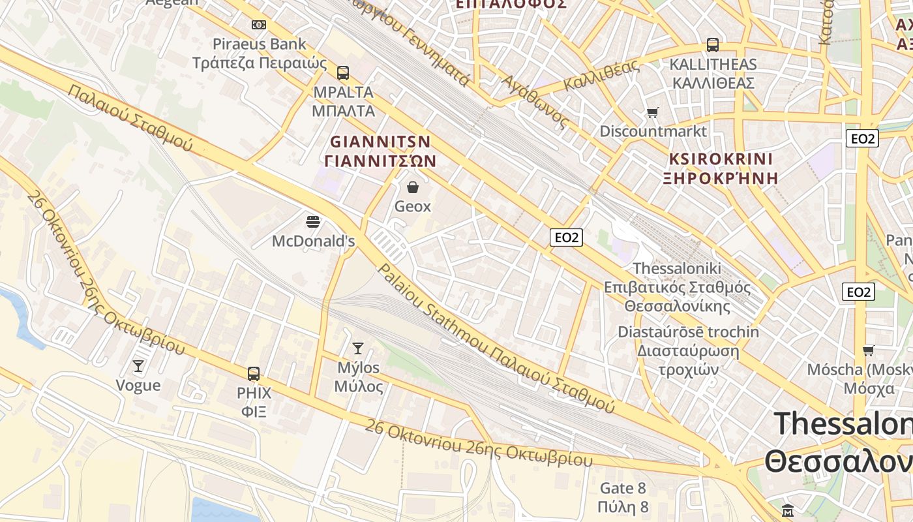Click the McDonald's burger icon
click(313, 222)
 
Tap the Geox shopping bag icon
click(413, 188)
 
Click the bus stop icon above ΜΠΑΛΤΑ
click(343, 73)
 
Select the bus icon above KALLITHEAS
click(713, 45)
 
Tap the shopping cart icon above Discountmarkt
click(652, 113)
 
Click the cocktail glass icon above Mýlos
click(358, 348)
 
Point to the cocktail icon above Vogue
click(138, 365)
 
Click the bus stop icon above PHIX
click(254, 374)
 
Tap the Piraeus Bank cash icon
click(259, 25)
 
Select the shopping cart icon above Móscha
click(868, 350)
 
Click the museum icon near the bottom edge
click(788, 510)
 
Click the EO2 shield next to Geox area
click(565, 238)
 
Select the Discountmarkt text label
click(653, 131)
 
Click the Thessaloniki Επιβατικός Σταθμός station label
click(677, 287)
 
